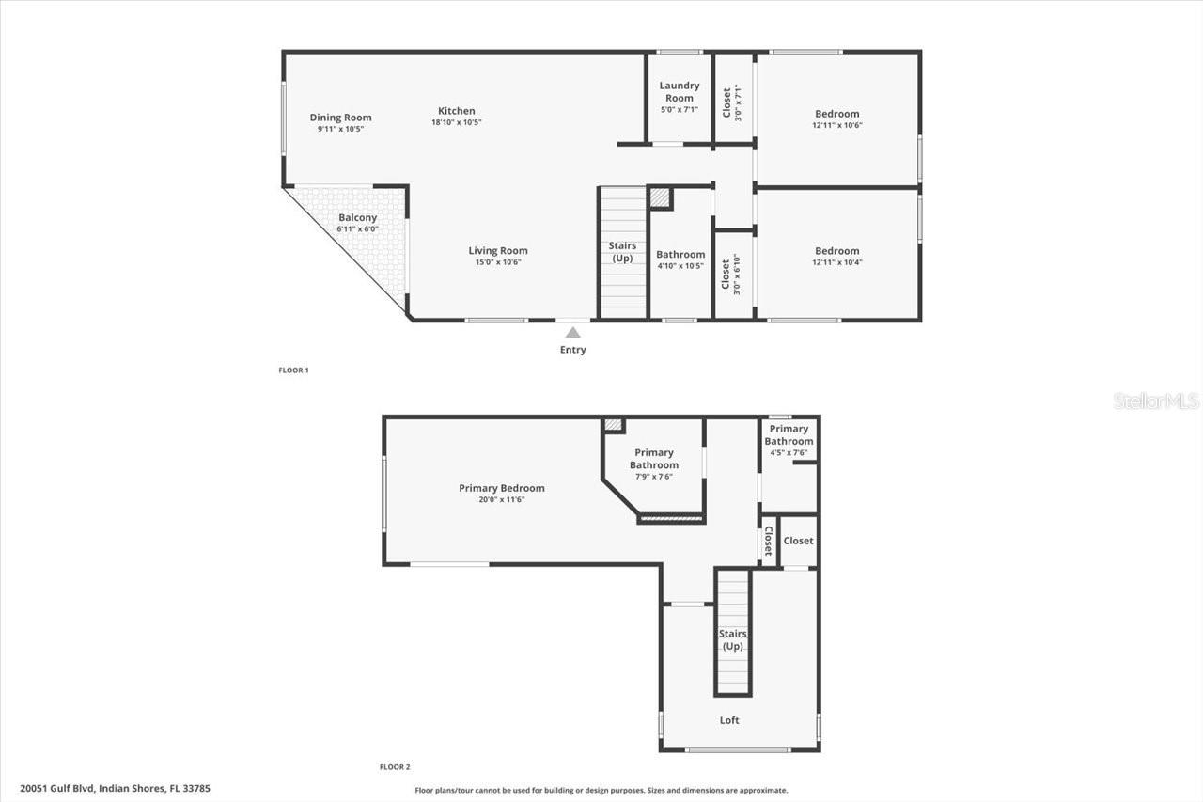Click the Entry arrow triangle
click(x=572, y=333)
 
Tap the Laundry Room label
click(x=680, y=91)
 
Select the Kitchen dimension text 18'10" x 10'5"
click(x=457, y=122)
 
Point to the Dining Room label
click(x=340, y=118)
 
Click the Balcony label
click(x=357, y=217)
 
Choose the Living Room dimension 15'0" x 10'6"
click(x=498, y=262)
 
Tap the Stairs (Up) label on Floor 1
click(x=622, y=252)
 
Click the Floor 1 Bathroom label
click(x=680, y=254)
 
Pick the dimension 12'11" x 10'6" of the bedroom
click(x=837, y=125)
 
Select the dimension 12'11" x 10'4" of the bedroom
click(x=837, y=262)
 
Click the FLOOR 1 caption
click(x=293, y=370)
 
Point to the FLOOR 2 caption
click(x=395, y=767)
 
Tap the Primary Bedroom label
click(x=502, y=488)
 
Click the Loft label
click(x=729, y=720)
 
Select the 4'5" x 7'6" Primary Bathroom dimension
click(x=789, y=452)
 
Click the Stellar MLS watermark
click(x=1156, y=401)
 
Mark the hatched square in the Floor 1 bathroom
click(x=661, y=198)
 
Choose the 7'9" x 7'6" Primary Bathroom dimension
click(x=653, y=477)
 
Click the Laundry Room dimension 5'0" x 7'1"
click(x=680, y=109)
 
